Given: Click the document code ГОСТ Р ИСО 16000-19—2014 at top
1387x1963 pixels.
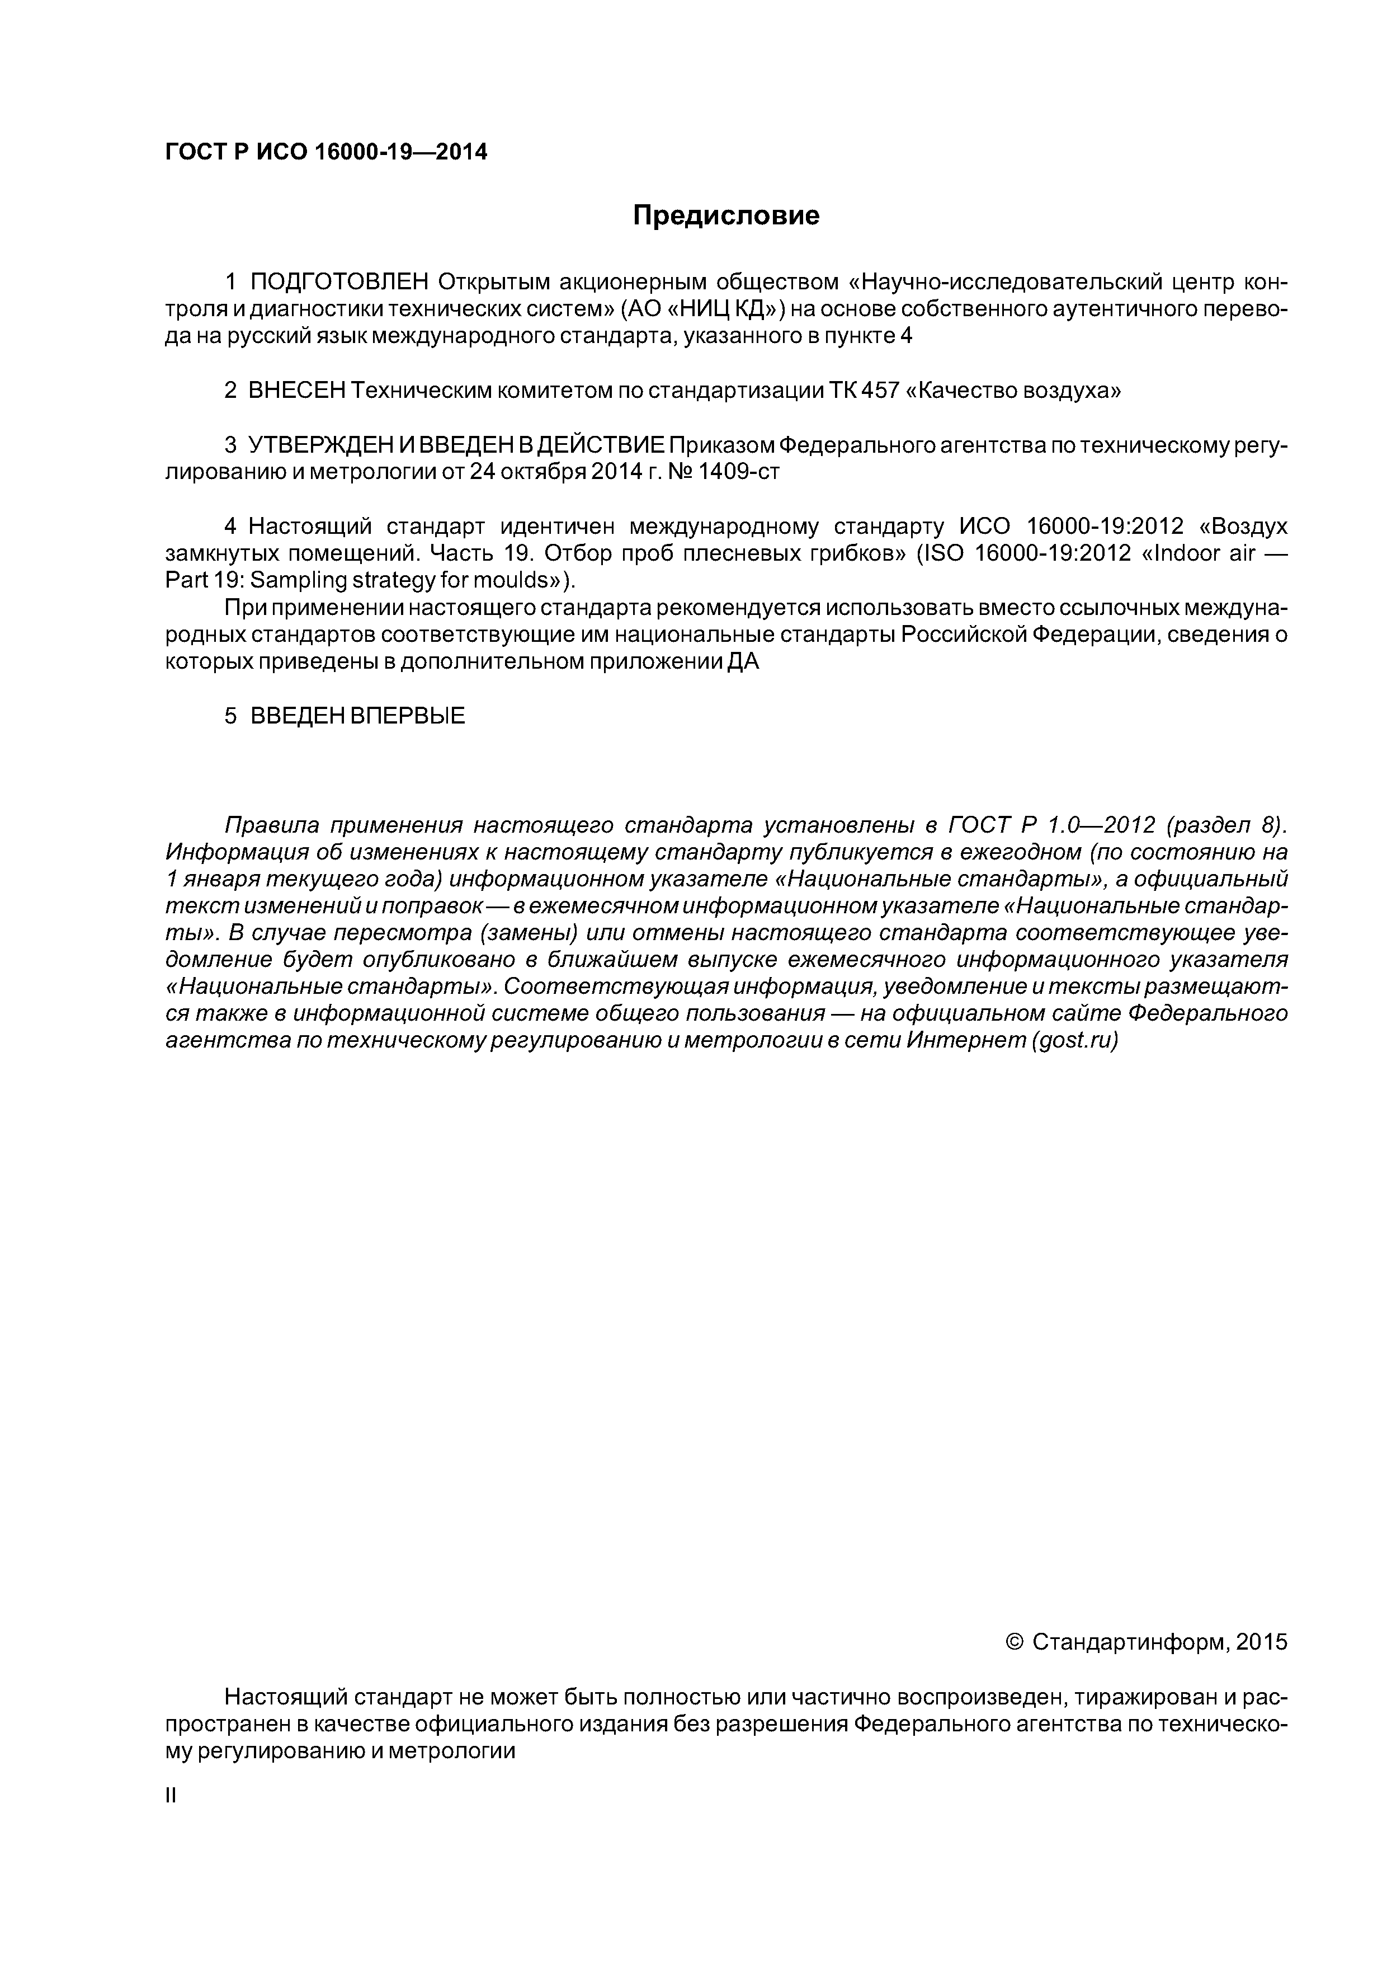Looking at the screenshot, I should [325, 152].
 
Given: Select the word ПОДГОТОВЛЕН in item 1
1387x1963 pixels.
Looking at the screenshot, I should [339, 282].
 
